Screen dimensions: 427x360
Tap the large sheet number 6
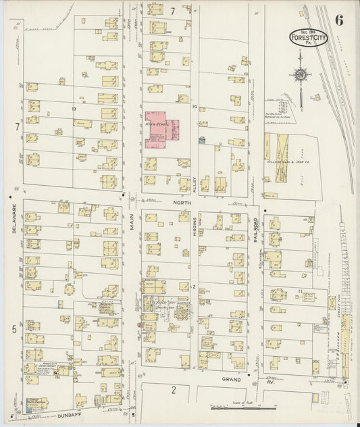click(x=338, y=20)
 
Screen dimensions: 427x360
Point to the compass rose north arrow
click(x=301, y=75)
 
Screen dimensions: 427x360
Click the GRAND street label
click(x=232, y=380)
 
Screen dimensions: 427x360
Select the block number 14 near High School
click(x=194, y=107)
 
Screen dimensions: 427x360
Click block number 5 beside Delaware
click(x=13, y=328)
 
